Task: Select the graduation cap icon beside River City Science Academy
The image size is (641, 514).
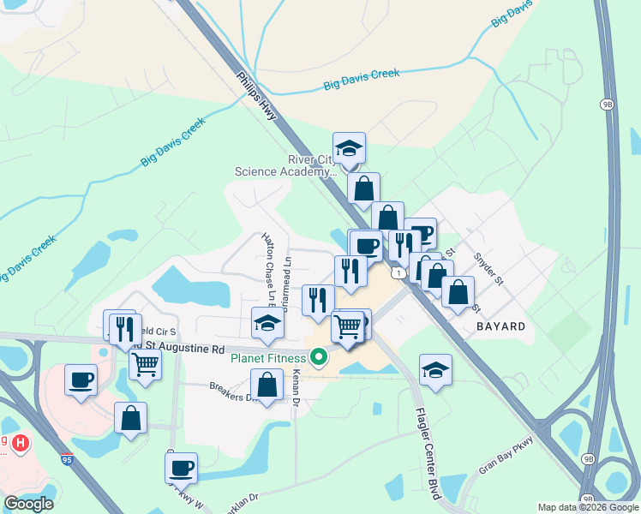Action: click(349, 149)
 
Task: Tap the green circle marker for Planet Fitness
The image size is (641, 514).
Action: click(319, 356)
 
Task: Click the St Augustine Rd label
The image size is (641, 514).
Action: click(182, 350)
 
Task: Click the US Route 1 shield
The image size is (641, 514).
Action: click(398, 272)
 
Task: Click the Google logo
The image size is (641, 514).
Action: click(28, 504)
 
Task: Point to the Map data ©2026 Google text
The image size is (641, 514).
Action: click(587, 507)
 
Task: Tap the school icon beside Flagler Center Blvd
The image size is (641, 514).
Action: click(435, 370)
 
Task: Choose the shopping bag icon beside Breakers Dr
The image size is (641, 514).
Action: click(267, 385)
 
